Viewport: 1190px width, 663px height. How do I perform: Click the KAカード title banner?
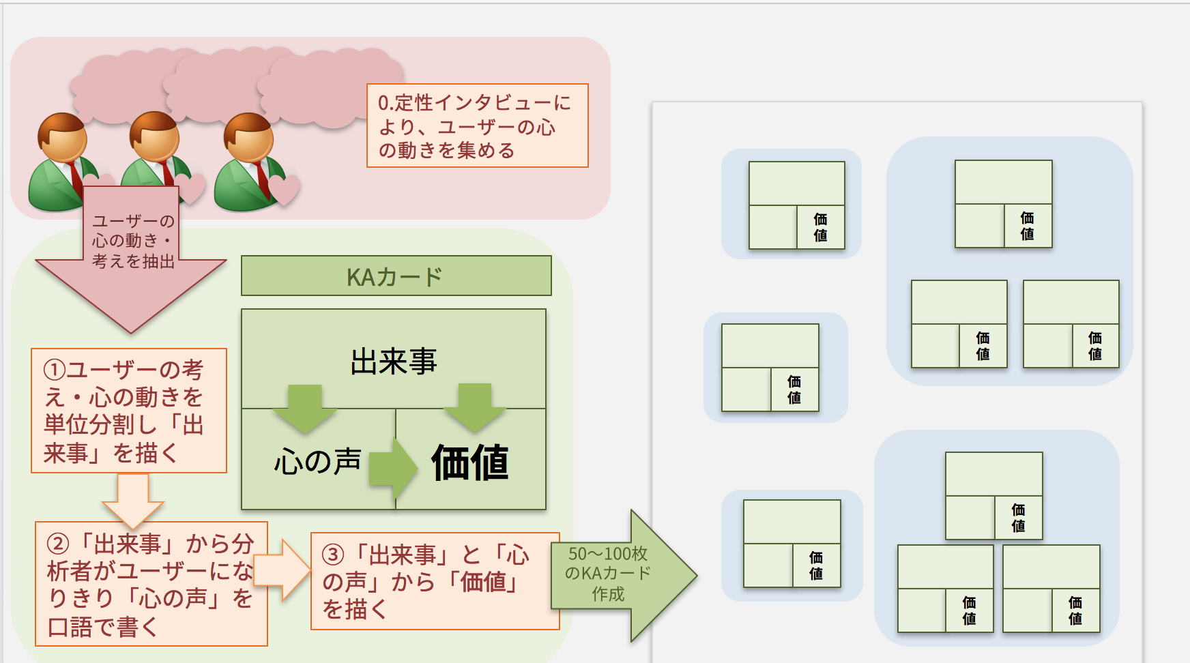pyautogui.click(x=396, y=276)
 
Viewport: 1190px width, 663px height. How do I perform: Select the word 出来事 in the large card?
pyautogui.click(x=394, y=362)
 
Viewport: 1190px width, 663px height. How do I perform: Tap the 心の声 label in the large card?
pyautogui.click(x=317, y=462)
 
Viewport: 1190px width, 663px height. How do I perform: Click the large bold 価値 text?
pyautogui.click(x=470, y=462)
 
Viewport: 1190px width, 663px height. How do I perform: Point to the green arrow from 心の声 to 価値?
pyautogui.click(x=394, y=467)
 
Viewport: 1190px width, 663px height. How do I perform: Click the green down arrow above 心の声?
pyautogui.click(x=304, y=408)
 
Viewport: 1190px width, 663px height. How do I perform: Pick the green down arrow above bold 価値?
pyautogui.click(x=475, y=407)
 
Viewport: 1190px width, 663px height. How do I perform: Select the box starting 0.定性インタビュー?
pyautogui.click(x=477, y=126)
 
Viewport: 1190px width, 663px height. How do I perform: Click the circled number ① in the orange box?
pyautogui.click(x=55, y=370)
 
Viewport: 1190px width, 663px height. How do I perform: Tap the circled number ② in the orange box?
pyautogui.click(x=58, y=544)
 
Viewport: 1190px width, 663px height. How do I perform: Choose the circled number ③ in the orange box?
pyautogui.click(x=333, y=555)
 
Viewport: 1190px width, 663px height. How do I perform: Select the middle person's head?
pyautogui.click(x=155, y=137)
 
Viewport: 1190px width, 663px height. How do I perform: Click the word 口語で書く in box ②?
pyautogui.click(x=102, y=626)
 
